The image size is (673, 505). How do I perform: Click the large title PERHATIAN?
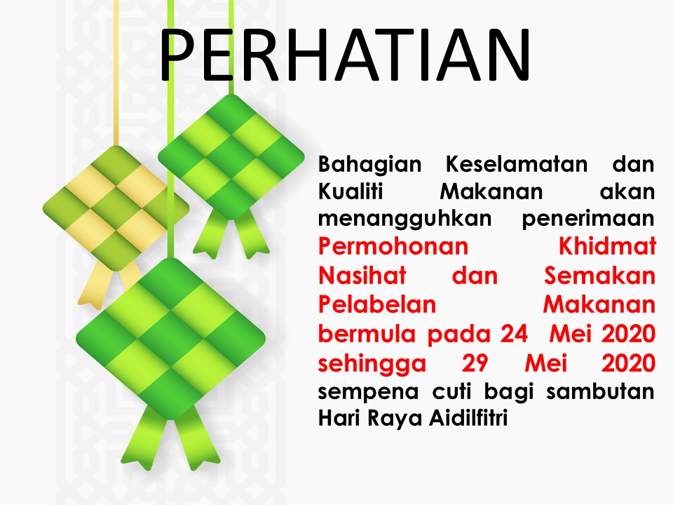point(345,55)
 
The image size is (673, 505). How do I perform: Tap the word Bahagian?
point(369,165)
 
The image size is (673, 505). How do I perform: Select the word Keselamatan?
point(517,163)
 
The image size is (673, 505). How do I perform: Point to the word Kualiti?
point(351,191)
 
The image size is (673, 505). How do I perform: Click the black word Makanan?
point(491,191)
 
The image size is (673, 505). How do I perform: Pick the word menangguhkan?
point(405,220)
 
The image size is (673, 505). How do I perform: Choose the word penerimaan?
point(588,220)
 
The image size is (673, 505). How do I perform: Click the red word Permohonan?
point(393,247)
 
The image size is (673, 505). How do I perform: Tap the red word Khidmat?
point(607,246)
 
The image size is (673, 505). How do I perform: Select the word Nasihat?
point(362,275)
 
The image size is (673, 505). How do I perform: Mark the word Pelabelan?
point(377,304)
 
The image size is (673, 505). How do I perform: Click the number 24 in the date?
point(514,333)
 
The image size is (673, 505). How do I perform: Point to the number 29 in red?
point(475,363)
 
